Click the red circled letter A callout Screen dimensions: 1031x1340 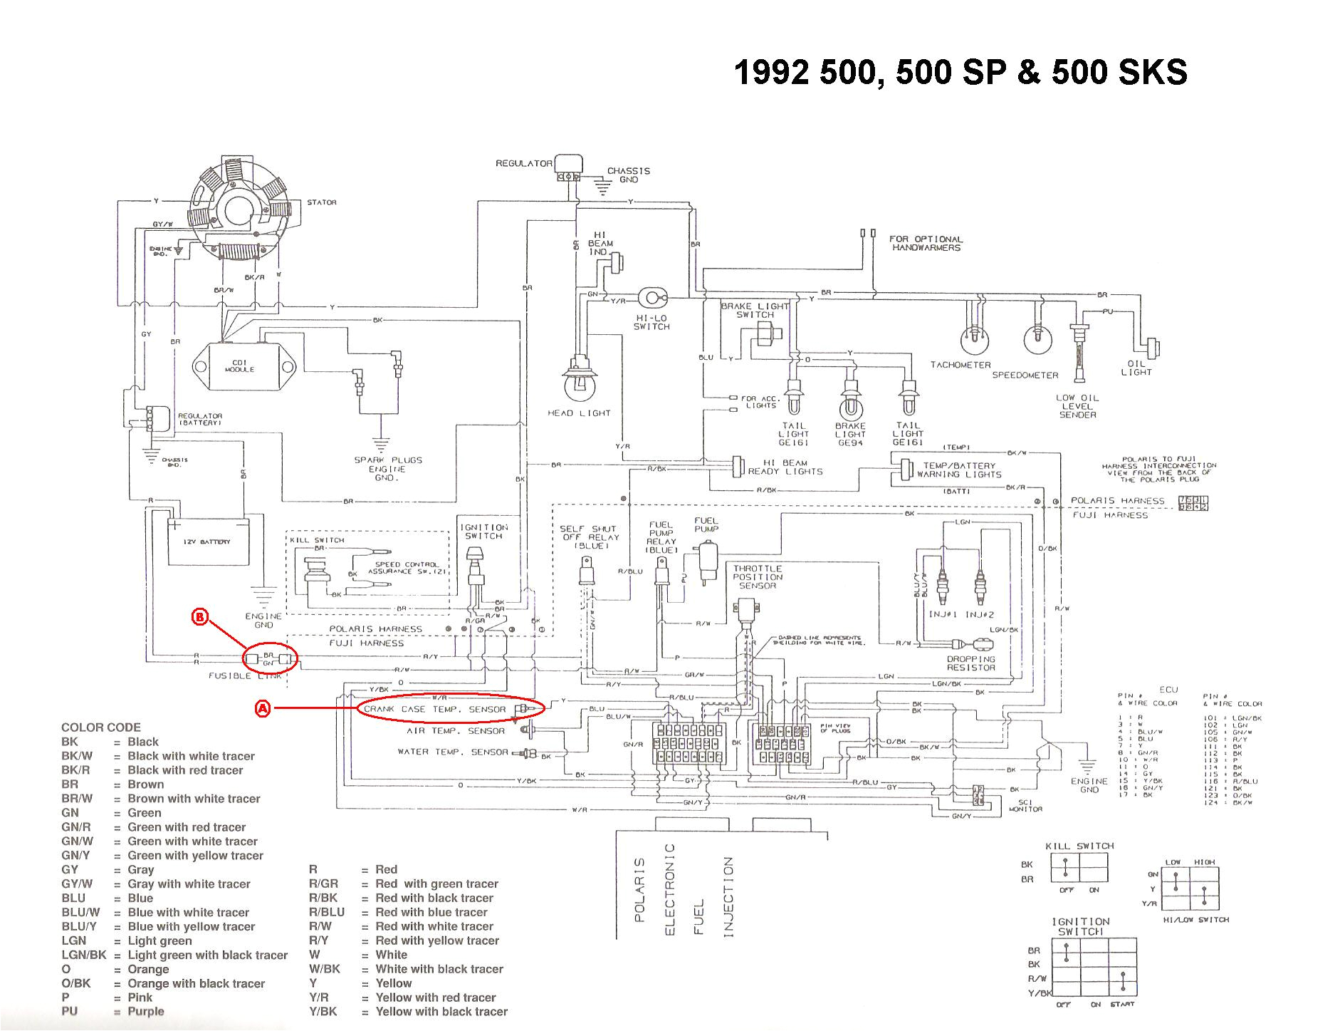point(263,708)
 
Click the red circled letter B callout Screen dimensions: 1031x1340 point(200,618)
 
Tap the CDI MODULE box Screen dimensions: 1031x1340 point(239,366)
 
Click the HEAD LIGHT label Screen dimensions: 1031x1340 point(579,413)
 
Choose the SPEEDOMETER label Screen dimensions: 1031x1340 point(1025,375)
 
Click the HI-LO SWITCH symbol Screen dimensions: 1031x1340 point(651,298)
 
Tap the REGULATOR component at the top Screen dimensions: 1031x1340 point(570,167)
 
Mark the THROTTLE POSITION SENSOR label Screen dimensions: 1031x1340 point(758,577)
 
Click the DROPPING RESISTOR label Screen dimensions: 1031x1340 point(970,663)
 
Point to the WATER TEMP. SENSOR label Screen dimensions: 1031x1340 point(453,752)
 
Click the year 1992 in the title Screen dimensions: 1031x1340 point(771,73)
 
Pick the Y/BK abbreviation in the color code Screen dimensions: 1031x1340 point(323,1011)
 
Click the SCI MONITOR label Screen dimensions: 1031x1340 point(1025,804)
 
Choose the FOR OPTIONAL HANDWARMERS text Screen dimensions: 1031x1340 point(926,243)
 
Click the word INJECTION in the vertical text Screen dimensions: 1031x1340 point(728,897)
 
